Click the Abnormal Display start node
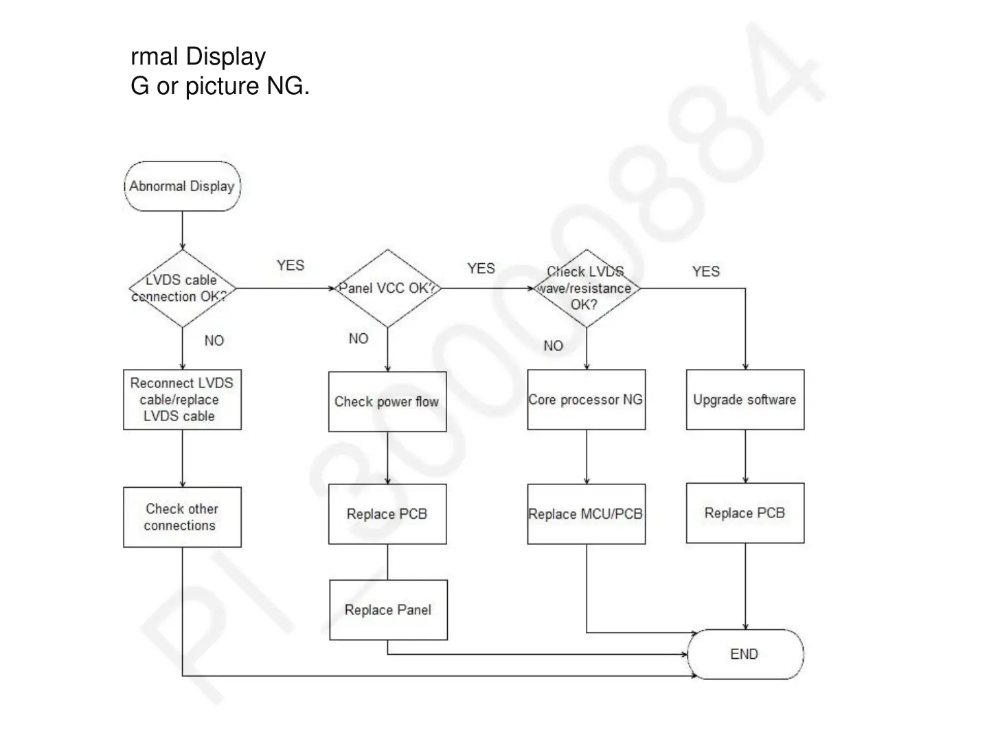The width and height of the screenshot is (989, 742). point(182,186)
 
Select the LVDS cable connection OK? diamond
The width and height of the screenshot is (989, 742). point(182,289)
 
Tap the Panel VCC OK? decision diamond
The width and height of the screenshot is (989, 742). point(387,289)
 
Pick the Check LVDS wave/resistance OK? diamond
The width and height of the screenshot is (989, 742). point(586,289)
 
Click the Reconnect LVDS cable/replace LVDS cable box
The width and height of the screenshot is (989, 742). point(182,400)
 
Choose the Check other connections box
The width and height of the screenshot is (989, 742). point(182,517)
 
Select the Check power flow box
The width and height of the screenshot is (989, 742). point(387,402)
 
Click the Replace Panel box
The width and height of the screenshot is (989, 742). point(388,610)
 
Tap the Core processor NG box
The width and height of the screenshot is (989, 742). point(586,400)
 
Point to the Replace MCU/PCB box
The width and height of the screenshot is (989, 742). point(586,514)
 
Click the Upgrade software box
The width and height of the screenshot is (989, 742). point(745,400)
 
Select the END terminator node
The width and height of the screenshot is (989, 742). point(745,654)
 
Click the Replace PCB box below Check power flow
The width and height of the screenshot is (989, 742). point(387,514)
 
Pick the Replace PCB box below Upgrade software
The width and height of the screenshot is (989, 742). point(745,513)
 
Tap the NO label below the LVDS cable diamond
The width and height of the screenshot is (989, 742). point(214,341)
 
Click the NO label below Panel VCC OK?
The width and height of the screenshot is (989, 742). point(359,339)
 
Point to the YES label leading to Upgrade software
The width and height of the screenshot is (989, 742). point(706,271)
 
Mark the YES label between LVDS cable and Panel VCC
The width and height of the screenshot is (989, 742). point(291,266)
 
